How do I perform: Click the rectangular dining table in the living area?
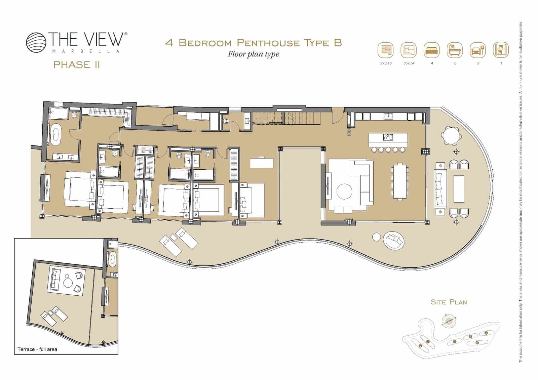[400, 181]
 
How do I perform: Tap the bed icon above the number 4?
[432, 51]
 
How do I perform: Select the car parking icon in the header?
[478, 51]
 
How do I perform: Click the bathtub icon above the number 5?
[455, 51]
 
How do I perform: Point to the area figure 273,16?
[386, 63]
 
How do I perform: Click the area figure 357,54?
[409, 63]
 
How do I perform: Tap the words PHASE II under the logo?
[77, 65]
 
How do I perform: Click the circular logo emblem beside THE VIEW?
[36, 42]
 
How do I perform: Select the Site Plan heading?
[449, 302]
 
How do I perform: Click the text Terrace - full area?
[37, 349]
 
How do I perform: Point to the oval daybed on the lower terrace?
[394, 240]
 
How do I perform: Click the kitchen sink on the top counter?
[389, 116]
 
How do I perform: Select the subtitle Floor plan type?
[254, 54]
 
